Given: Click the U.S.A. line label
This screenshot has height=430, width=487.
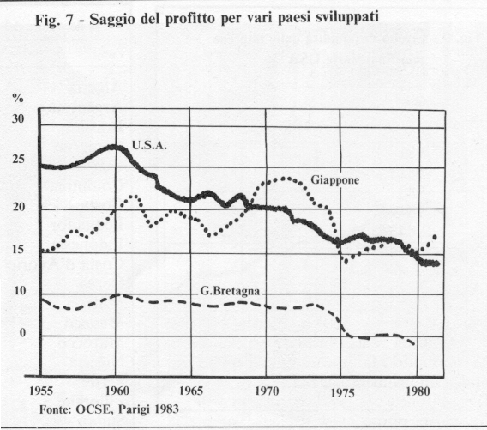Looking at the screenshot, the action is coord(149,146).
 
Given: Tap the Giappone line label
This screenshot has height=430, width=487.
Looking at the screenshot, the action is coord(334,180).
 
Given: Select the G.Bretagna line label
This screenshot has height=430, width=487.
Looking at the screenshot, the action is coord(230,291).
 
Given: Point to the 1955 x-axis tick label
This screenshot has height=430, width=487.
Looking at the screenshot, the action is coord(41,391).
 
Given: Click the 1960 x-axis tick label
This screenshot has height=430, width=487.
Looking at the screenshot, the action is coord(117,391).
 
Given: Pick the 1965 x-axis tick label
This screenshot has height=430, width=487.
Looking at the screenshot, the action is coord(191,391).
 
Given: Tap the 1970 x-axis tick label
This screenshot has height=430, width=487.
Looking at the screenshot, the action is coord(267,391).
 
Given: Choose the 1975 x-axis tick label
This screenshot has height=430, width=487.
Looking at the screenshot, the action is coord(343,393).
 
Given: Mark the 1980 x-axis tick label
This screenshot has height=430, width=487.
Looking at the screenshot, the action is coord(418,391).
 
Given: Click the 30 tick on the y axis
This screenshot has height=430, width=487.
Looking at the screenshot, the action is coord(18,118).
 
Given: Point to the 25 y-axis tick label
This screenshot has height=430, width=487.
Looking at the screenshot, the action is coord(18,160).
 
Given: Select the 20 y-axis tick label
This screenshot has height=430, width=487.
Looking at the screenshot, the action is coord(19,207).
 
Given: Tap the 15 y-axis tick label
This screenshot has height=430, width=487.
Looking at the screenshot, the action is coord(18,250).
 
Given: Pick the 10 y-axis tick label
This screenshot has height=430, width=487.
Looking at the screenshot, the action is coord(20,291).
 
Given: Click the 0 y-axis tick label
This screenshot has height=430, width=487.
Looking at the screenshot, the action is coord(22,333).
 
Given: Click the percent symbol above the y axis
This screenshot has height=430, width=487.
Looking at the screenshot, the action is coord(18,98).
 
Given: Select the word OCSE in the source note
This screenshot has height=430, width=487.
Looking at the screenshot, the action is coord(93,409).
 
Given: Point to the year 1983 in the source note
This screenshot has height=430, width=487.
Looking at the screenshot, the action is coord(167,409).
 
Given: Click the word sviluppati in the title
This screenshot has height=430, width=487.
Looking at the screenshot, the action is coord(347,18).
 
